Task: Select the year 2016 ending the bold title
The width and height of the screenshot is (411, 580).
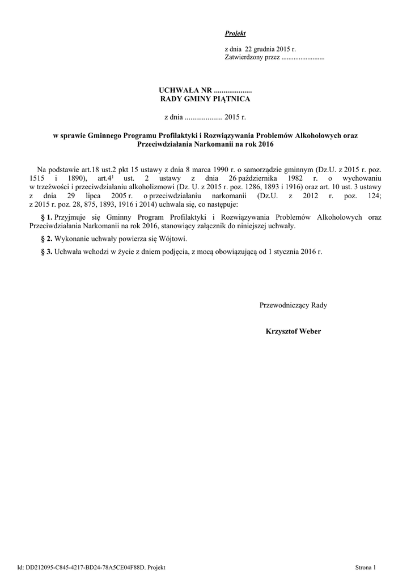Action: pos(265,144)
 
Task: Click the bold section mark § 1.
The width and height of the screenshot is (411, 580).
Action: pos(47,217)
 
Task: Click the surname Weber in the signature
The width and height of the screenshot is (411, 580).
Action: pos(310,331)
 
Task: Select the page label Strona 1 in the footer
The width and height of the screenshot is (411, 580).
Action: pos(366,567)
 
